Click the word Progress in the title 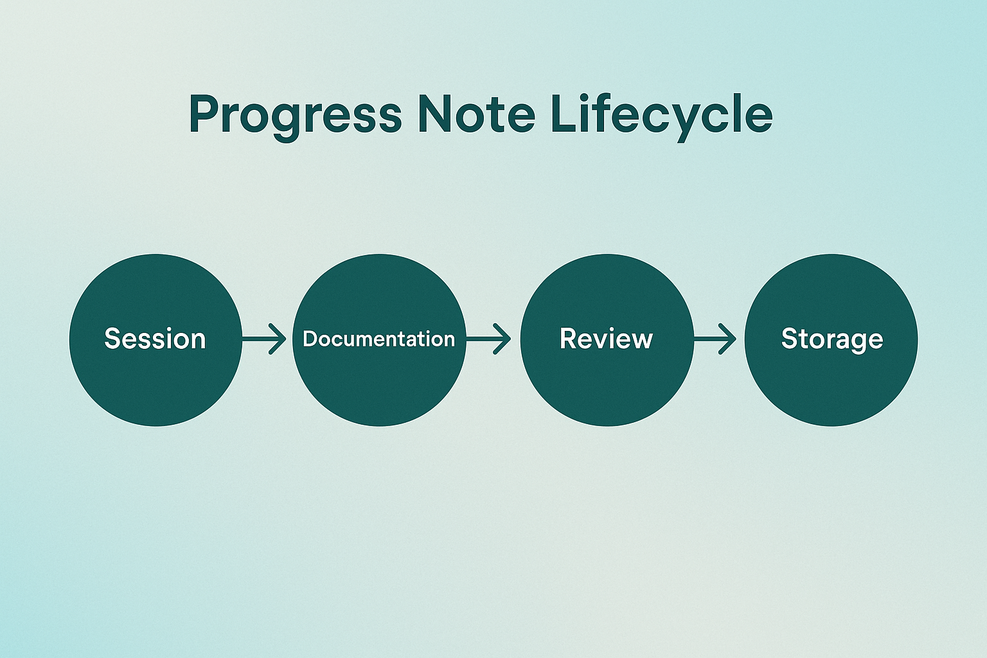click(x=295, y=115)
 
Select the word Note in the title click(x=476, y=114)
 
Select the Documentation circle click(x=379, y=379)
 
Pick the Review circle click(x=607, y=379)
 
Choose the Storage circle click(x=831, y=379)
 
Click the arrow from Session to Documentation click(x=264, y=339)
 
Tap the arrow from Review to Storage click(x=715, y=339)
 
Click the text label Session click(x=155, y=339)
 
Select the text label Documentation click(x=378, y=339)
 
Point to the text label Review click(x=606, y=339)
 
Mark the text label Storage click(x=831, y=339)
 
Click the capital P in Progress click(x=203, y=114)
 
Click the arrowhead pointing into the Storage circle click(x=729, y=339)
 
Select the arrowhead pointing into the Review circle click(x=503, y=339)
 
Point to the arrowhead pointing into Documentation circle click(x=278, y=339)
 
